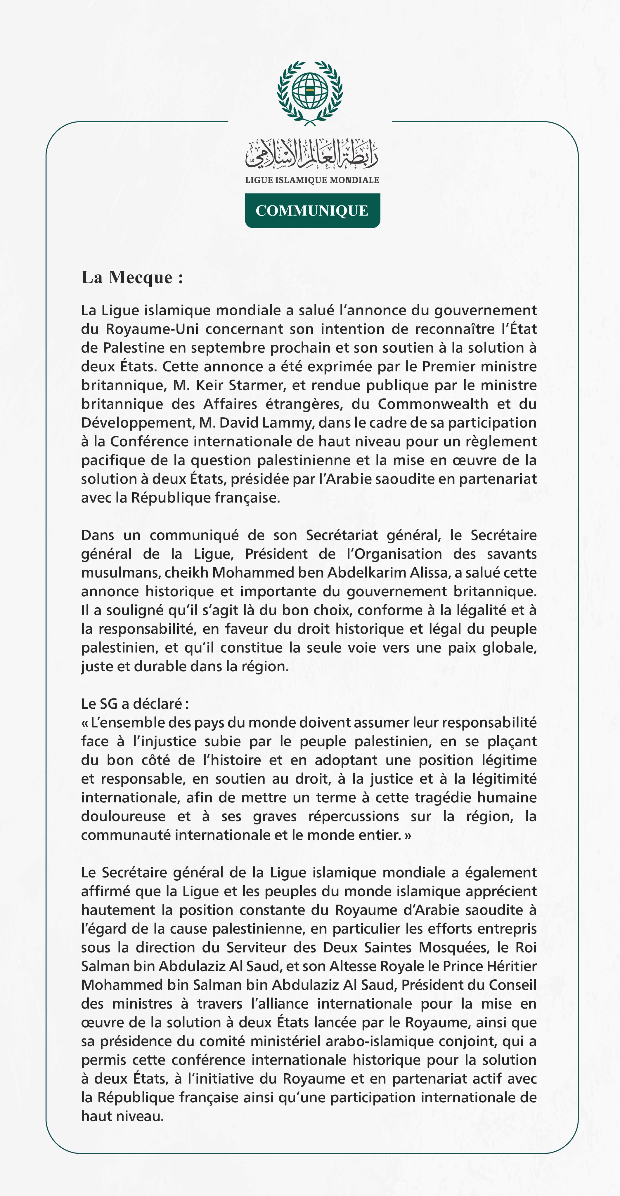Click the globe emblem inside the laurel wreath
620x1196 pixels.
pos(310,91)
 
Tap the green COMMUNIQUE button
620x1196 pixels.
pos(312,211)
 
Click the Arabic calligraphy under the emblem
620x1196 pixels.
pos(312,154)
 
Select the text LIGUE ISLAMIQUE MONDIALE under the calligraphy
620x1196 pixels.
pos(312,180)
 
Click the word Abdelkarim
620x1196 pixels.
pos(368,573)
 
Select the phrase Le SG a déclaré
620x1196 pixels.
pos(135,704)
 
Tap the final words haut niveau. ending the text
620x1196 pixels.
pos(123,1116)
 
